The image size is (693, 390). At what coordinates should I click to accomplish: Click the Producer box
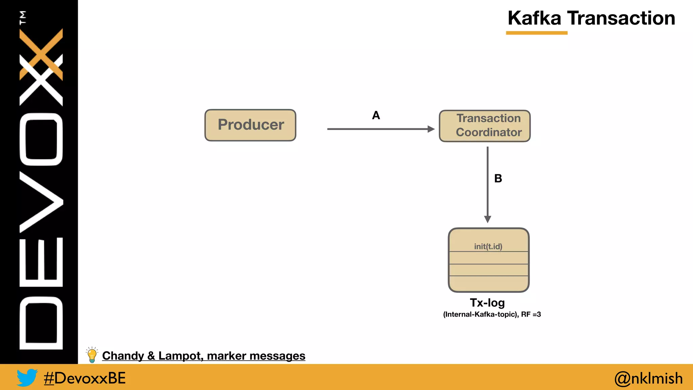[x=250, y=125]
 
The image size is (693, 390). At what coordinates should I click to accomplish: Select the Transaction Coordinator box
[x=485, y=126]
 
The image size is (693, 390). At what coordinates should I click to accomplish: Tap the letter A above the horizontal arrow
[x=376, y=115]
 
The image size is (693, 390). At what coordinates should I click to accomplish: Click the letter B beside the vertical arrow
[x=498, y=178]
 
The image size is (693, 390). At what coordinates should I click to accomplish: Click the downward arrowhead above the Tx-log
[x=488, y=219]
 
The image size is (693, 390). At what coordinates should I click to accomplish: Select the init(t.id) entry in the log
[x=488, y=246]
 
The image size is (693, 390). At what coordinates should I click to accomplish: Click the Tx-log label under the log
[x=487, y=303]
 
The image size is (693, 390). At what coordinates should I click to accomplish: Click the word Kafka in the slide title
[x=534, y=18]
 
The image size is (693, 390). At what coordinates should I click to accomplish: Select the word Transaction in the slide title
[x=621, y=18]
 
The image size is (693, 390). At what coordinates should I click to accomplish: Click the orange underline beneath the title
[x=537, y=33]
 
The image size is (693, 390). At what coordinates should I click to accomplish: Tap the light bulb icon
[x=92, y=355]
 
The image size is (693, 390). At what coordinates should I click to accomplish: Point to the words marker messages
[x=256, y=356]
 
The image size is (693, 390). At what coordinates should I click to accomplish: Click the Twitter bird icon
[x=27, y=377]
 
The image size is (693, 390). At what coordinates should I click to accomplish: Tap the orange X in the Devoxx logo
[x=41, y=54]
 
